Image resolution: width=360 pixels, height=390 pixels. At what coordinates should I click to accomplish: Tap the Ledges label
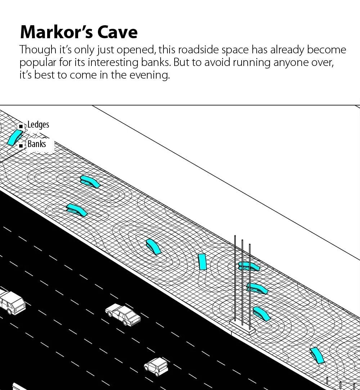point(38,125)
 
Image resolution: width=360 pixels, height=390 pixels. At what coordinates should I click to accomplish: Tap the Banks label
point(37,144)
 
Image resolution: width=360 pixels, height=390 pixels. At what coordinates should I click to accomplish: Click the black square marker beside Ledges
point(21,126)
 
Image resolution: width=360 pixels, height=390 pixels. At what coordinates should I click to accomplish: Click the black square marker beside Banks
point(21,145)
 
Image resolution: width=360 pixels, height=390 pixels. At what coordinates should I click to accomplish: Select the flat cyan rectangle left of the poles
point(202,262)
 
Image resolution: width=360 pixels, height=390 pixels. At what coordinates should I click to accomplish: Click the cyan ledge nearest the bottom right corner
point(317,355)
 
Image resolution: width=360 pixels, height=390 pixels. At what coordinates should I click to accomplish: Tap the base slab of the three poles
point(242,327)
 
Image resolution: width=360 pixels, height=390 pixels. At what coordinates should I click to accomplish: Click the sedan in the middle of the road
point(123,314)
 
